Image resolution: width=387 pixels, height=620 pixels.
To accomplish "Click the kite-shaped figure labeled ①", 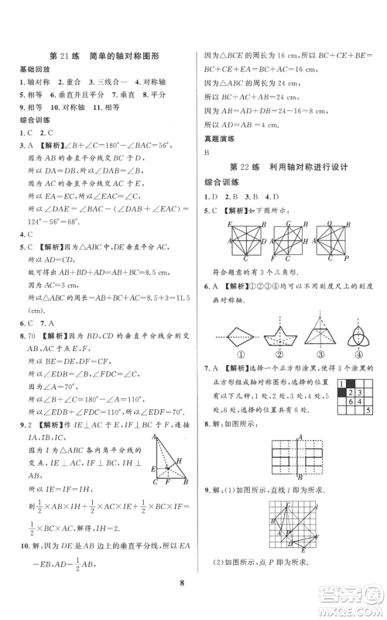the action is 227,339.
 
